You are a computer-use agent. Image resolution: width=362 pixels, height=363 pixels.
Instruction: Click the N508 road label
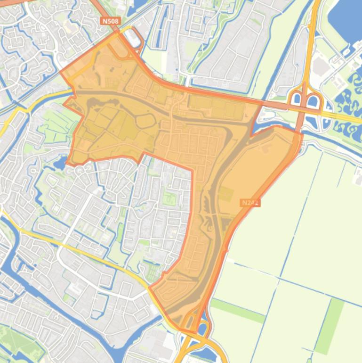pos(111,21)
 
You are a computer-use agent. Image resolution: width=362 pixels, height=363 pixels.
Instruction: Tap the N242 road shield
pos(250,203)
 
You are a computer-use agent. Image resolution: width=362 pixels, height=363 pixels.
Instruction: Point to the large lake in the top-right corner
pos(346,19)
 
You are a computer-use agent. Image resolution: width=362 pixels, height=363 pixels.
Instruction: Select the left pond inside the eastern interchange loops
pos(297,99)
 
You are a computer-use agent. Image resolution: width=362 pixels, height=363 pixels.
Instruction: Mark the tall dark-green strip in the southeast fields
pos(329,325)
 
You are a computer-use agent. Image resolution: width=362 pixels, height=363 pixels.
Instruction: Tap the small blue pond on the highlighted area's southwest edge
pos(60,164)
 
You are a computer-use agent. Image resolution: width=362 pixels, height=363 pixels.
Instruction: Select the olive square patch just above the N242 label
pos(226,193)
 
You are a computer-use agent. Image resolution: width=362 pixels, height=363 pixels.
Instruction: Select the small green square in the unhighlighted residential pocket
pos(169,198)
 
